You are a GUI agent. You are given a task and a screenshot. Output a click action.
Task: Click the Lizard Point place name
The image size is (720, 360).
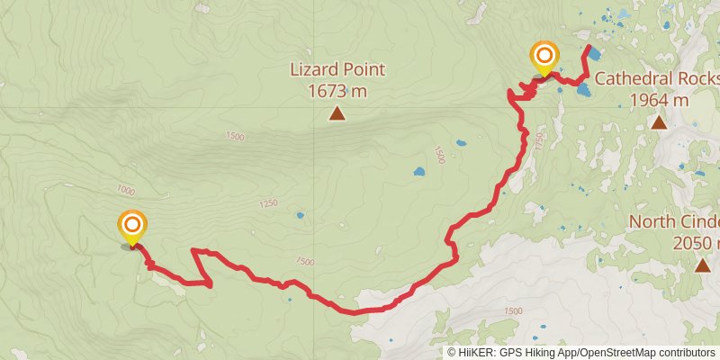click(337, 68)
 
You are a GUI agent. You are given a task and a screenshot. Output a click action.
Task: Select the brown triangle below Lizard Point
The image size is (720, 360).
click(337, 113)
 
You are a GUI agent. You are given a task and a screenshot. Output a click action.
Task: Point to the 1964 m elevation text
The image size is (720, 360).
click(659, 99)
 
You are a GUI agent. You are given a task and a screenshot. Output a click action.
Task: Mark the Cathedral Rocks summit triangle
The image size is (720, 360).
click(659, 122)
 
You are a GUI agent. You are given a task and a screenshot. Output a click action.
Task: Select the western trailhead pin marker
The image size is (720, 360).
click(132, 227)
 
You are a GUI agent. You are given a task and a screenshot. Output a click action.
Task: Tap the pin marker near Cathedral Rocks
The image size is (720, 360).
click(544, 58)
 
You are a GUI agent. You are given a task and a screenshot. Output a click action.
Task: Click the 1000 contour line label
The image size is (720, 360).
click(125, 191)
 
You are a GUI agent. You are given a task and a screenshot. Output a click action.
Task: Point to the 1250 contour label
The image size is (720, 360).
click(268, 204)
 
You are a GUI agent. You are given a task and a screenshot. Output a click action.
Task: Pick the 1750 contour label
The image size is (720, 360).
click(538, 141)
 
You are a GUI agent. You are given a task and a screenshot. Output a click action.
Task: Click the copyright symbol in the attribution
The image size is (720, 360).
click(452, 353)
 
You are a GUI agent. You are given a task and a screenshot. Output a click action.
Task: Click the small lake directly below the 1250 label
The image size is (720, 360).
click(300, 216)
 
